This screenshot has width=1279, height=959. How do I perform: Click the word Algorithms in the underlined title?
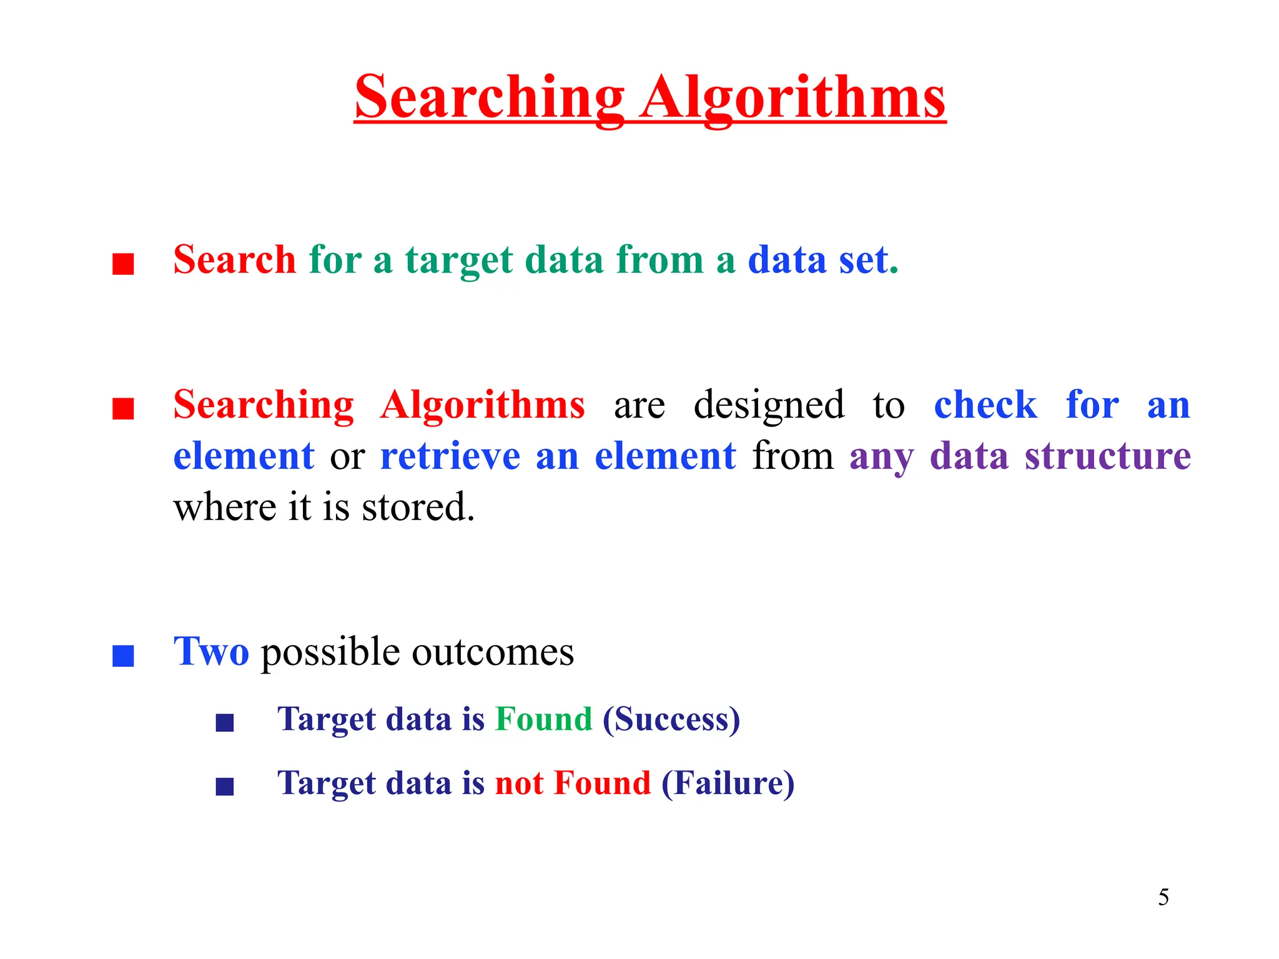(x=793, y=98)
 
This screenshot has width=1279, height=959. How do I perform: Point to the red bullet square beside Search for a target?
(x=123, y=263)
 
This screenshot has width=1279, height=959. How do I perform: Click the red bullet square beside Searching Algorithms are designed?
(x=123, y=409)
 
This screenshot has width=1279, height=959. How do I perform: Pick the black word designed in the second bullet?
(x=769, y=405)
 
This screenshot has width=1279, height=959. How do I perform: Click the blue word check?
(x=985, y=405)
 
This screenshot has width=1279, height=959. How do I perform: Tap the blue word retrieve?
(x=450, y=456)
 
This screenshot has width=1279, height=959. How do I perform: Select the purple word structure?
(x=1108, y=456)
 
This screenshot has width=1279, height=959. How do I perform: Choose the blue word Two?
(x=211, y=652)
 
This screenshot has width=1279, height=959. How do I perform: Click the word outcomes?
(x=493, y=652)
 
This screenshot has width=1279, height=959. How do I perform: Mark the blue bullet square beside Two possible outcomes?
(x=123, y=656)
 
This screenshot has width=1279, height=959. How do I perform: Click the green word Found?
(x=543, y=719)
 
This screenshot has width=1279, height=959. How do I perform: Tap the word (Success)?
(x=671, y=719)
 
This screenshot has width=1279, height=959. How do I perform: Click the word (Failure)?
(x=728, y=783)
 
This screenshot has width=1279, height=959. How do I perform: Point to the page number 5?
(x=1163, y=897)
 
